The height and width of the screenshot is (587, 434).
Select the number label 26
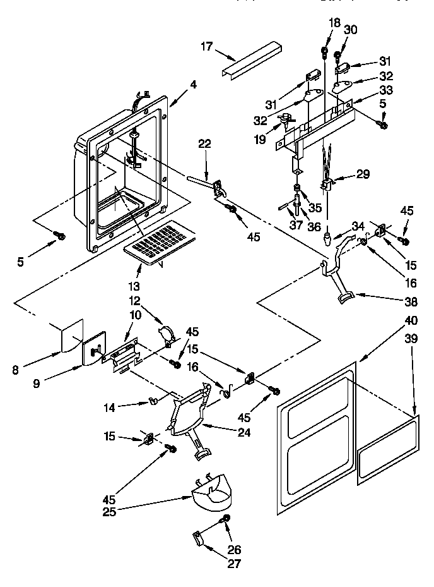(234, 549)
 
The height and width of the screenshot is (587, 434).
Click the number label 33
(385, 90)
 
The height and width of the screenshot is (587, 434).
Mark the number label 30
(351, 30)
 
